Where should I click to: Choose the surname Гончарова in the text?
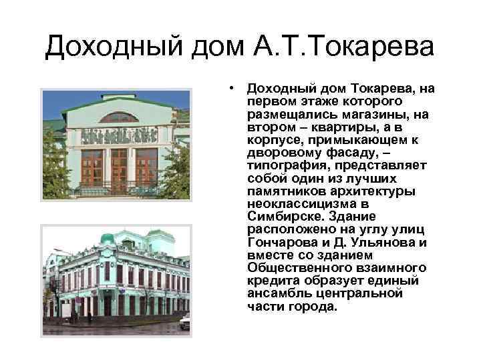pyautogui.click(x=276, y=241)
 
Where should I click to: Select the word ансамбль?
pyautogui.click(x=274, y=294)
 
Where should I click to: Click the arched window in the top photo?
pyautogui.click(x=119, y=118)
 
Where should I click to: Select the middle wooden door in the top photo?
pyautogui.click(x=119, y=170)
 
